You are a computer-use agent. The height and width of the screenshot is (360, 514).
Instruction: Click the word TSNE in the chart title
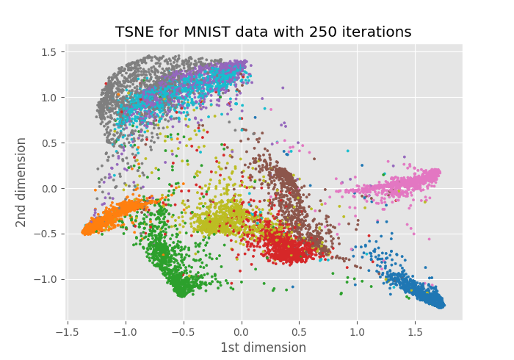pos(133,32)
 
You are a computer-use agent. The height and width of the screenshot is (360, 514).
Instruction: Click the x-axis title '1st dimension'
pos(264,348)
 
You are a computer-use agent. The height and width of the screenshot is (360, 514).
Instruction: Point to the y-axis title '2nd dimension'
pos(22,182)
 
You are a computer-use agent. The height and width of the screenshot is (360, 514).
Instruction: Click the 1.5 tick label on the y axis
pos(48,52)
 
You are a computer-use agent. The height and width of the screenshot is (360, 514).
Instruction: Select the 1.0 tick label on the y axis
pos(48,98)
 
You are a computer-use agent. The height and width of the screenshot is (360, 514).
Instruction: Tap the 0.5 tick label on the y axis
pos(48,143)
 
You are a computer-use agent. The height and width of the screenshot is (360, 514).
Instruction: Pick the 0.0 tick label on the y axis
pos(48,189)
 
